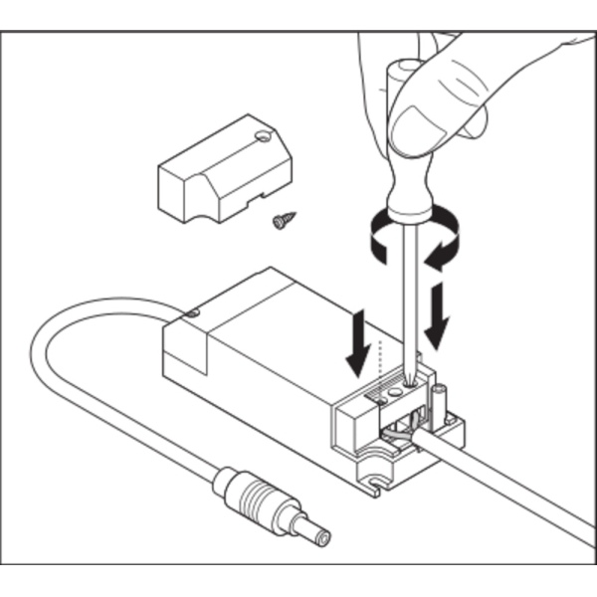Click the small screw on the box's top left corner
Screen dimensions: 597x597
[192, 315]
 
